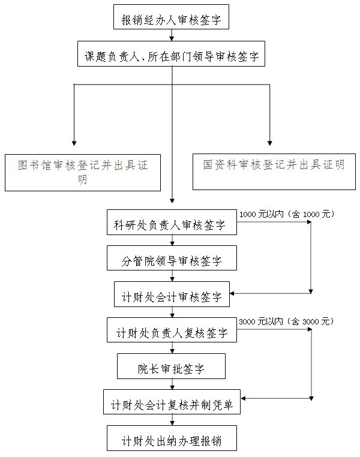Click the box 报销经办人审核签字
[x=171, y=17]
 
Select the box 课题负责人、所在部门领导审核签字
[x=171, y=53]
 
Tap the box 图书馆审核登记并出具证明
[x=83, y=173]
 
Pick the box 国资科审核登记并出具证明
[x=274, y=172]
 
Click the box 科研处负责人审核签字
[x=172, y=222]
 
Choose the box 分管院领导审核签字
[x=172, y=258]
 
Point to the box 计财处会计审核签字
[x=172, y=294]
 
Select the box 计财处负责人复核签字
[x=172, y=330]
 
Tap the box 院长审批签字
[x=171, y=366]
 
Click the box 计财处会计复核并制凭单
[x=172, y=402]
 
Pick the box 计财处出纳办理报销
[x=172, y=438]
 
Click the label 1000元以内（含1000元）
[x=287, y=214]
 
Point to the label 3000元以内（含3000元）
[x=286, y=321]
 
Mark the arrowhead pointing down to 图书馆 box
[x=74, y=143]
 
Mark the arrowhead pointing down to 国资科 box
[x=269, y=143]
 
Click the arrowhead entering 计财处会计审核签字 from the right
[x=232, y=293]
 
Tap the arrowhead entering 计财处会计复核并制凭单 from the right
[x=243, y=398]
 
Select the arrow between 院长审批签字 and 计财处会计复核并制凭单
[x=172, y=384]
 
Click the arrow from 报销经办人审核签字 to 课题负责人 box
[x=172, y=35]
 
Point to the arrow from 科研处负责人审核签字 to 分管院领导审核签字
[x=172, y=240]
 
